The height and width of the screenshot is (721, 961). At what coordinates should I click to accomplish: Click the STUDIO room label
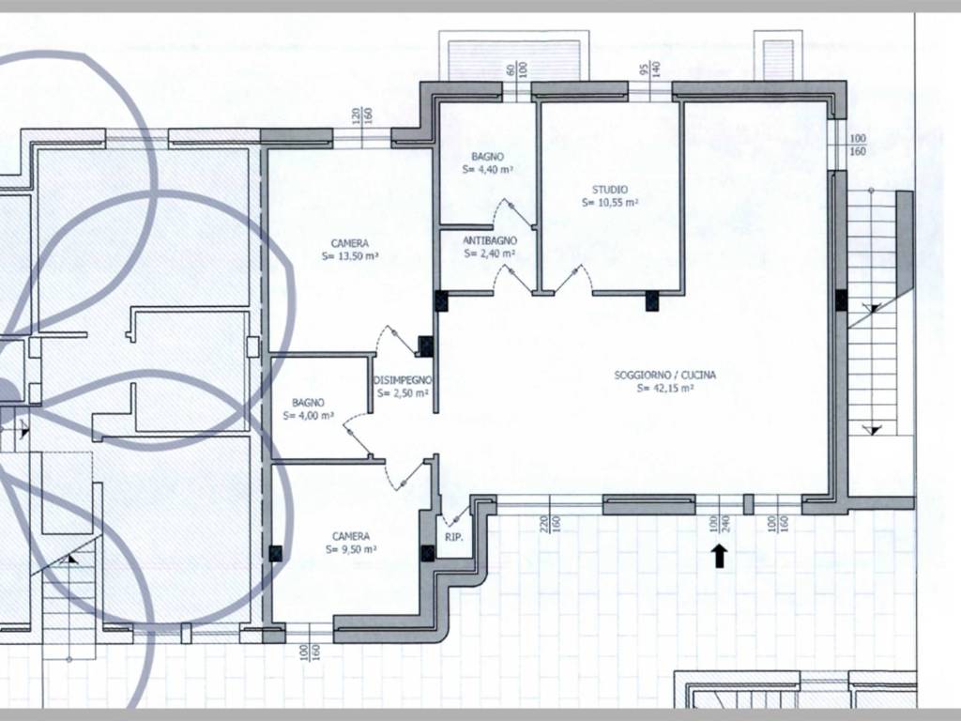[x=609, y=190]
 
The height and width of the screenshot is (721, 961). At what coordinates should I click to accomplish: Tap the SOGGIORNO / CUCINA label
[x=665, y=375]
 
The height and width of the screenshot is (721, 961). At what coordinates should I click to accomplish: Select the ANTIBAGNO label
[x=490, y=240]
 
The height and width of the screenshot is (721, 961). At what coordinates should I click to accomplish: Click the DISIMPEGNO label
[x=402, y=380]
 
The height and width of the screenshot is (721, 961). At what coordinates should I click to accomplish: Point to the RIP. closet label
[x=454, y=537]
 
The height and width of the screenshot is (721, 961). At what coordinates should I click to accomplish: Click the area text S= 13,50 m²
[x=350, y=257]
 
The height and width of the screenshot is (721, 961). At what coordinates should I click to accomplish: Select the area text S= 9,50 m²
[x=351, y=549]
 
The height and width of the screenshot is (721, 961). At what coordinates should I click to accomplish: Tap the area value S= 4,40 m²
[x=488, y=169]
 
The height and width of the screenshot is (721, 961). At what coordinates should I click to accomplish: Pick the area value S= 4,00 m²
[x=308, y=416]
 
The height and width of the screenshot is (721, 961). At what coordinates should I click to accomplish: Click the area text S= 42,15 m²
[x=665, y=388]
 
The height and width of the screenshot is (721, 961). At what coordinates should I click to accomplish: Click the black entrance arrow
[x=720, y=556]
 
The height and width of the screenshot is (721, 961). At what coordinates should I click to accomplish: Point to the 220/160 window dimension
[x=550, y=523]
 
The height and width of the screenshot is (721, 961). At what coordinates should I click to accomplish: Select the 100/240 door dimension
[x=719, y=523]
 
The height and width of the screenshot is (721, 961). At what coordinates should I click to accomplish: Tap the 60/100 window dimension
[x=517, y=69]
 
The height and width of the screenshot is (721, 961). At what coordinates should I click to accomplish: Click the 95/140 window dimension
[x=649, y=68]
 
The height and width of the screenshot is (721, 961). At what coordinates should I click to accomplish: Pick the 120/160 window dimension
[x=362, y=115]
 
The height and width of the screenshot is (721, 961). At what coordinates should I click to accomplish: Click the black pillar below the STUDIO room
[x=652, y=301]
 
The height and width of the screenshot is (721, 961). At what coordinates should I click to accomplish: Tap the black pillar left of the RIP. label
[x=428, y=553]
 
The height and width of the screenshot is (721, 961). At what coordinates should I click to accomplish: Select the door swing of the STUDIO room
[x=576, y=279]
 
